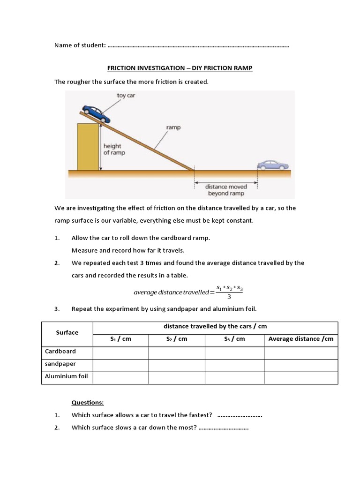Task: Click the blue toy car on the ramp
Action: coord(97,113)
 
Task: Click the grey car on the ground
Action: coord(273,165)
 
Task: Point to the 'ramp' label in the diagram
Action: coord(173,127)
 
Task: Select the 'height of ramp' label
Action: coord(114,149)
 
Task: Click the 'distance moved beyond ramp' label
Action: coord(225,190)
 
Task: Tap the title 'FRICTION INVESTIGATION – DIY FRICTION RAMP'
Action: coord(180,68)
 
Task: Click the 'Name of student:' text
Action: coord(80,45)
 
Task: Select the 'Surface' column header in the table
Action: coord(67,332)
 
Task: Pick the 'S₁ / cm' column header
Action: coord(121,339)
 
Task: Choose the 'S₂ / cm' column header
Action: coord(177,339)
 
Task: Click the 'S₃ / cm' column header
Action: coord(234,339)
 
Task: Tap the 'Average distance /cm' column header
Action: coord(301,339)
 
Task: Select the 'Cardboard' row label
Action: coord(60,351)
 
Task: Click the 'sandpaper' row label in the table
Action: coord(60,364)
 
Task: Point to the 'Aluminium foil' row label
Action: coord(66,376)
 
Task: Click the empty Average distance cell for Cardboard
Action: coord(301,352)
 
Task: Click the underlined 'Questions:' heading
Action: coord(88,403)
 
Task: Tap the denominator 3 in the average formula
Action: coord(229,296)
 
